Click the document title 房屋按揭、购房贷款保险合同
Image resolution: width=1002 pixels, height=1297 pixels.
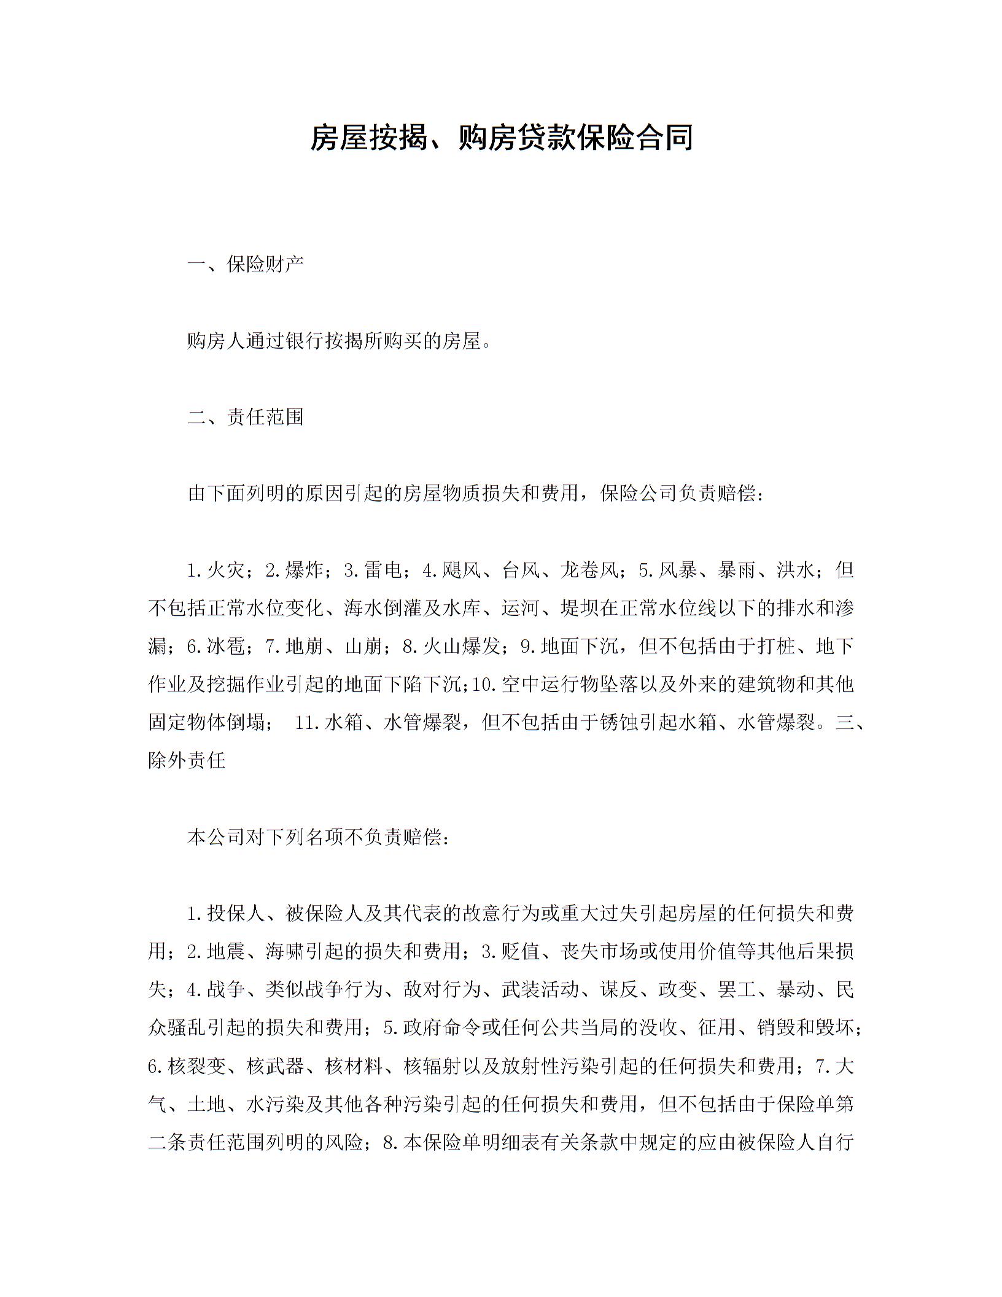pos(501,137)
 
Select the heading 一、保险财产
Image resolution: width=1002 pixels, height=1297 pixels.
pos(245,265)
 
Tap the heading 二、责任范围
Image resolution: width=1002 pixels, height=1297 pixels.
pos(245,417)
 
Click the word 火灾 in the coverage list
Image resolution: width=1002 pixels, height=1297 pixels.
pos(226,571)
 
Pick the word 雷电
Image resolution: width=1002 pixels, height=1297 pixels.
pos(383,571)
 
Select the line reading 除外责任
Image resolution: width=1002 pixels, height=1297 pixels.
pos(187,760)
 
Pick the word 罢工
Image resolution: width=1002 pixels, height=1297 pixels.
pos(736,989)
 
